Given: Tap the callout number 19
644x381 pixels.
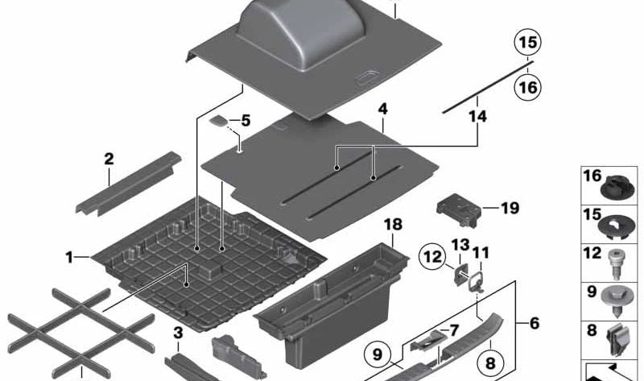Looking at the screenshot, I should coord(510,209).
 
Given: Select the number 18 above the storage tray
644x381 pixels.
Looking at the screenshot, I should coord(391,224).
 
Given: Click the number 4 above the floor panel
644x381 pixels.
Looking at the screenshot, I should coord(382,107).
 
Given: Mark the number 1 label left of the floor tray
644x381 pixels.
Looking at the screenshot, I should coord(70,258).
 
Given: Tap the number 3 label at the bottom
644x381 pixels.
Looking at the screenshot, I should coord(178,333).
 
